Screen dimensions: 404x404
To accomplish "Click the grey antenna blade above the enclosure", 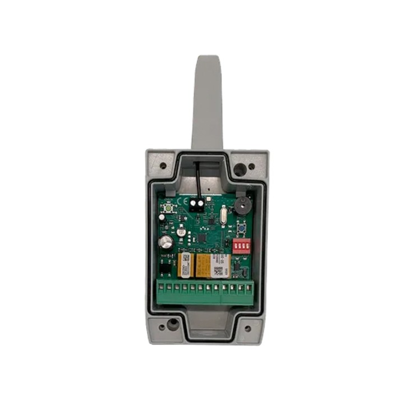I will pos(207,101).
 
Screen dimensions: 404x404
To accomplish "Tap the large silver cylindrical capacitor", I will pos(165,242).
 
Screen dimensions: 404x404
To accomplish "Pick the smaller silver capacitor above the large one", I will pos(181,231).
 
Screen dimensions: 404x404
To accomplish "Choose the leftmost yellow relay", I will pos(185,264).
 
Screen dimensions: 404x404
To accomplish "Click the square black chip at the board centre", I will pos(202,238).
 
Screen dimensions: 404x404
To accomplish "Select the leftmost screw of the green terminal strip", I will pos(161,289).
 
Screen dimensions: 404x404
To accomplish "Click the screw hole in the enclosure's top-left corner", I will pos(163,166).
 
